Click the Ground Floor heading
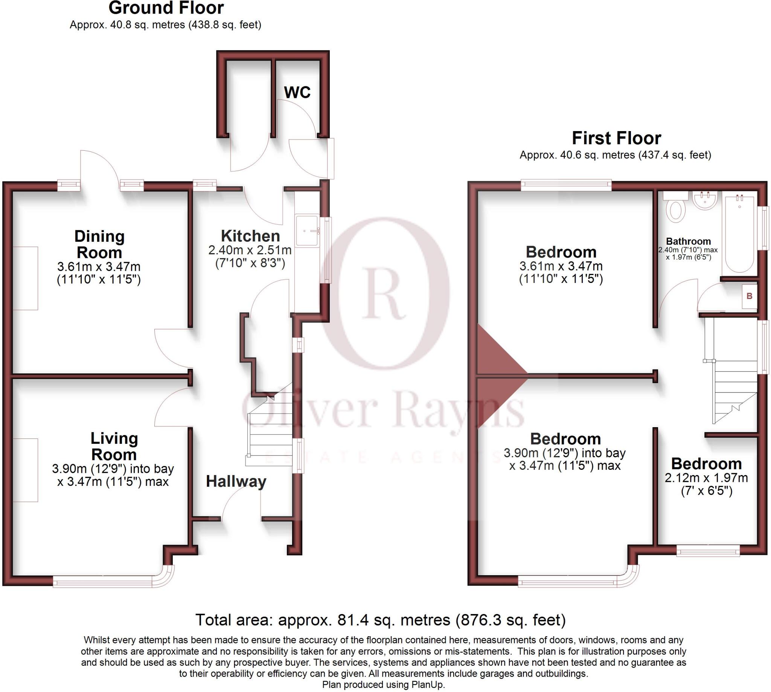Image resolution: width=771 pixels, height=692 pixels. click(166, 8)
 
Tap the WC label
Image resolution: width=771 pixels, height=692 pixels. click(297, 92)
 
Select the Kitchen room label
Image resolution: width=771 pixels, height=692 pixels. click(250, 236)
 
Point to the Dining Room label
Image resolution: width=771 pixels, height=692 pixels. click(99, 244)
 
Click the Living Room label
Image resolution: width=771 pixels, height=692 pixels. click(114, 446)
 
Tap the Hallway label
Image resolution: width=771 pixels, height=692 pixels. click(236, 482)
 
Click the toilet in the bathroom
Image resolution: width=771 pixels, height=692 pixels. click(676, 210)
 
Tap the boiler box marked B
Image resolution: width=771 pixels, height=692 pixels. click(749, 296)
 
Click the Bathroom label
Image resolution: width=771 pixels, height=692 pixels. click(688, 241)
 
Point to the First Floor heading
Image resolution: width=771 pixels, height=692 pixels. click(616, 138)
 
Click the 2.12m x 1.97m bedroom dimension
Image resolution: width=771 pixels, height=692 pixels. click(706, 478)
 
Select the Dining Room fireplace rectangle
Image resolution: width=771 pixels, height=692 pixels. click(26, 278)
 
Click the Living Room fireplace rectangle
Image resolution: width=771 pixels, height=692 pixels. click(26, 470)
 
